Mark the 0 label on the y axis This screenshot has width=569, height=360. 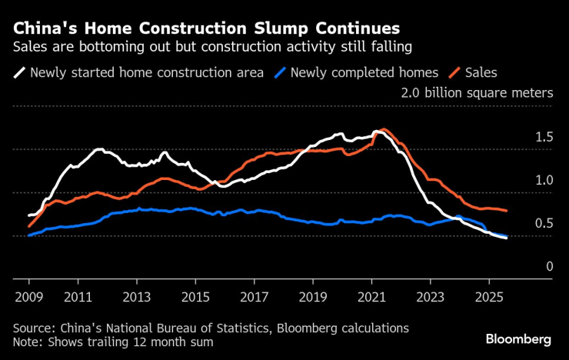(549, 266)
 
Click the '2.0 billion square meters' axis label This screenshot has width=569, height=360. (477, 93)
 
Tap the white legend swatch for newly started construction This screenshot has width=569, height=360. (18, 73)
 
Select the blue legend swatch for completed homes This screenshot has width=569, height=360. (283, 73)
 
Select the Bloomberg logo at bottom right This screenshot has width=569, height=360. (518, 338)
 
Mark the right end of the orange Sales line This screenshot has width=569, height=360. (507, 211)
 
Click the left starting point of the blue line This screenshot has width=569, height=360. (28, 235)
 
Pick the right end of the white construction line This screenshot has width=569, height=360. (507, 238)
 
